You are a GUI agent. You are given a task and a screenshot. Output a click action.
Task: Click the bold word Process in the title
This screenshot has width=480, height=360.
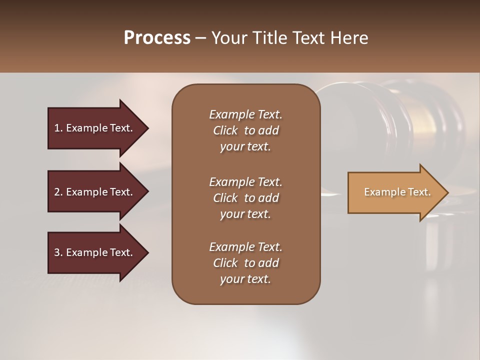[x=157, y=38]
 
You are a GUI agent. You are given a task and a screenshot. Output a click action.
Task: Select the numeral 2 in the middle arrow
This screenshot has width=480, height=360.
[x=57, y=192]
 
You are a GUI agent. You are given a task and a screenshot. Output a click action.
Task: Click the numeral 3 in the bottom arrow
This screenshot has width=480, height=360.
[x=57, y=252]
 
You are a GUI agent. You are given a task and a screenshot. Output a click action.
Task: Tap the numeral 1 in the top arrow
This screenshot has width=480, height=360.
[x=57, y=128]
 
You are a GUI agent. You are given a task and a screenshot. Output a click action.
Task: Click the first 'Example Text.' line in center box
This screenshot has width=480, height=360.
[x=245, y=114]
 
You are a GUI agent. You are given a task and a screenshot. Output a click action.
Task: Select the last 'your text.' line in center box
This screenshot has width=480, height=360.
[x=245, y=279]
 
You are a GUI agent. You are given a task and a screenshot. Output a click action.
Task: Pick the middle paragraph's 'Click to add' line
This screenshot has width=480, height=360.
[x=245, y=198]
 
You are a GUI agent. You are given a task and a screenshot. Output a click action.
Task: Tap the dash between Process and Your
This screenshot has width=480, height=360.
[x=200, y=38]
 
